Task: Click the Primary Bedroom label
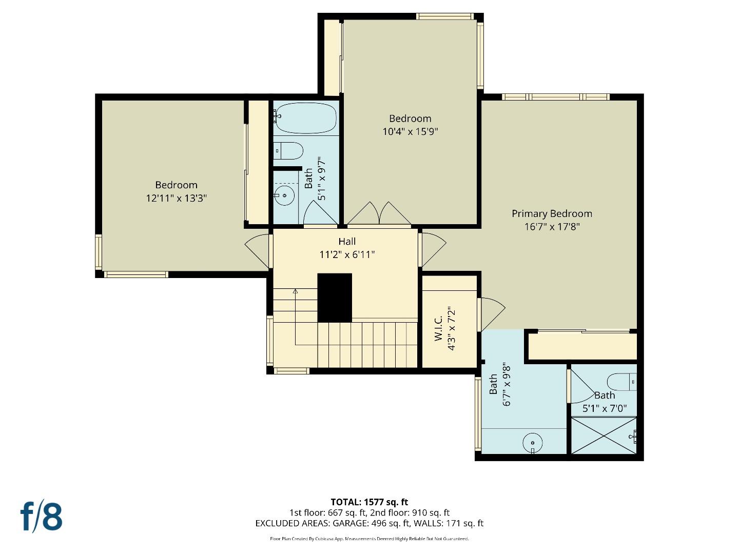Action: [552, 213]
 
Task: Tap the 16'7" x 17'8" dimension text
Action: [552, 227]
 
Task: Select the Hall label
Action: [347, 241]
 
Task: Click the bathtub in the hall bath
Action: [305, 118]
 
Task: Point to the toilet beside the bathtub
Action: [288, 151]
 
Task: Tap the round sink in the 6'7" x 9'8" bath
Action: [533, 442]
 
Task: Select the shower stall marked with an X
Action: [604, 436]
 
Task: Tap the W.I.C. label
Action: [438, 328]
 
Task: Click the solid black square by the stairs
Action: [335, 298]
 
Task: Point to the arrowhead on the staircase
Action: [295, 291]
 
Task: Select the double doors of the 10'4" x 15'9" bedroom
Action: [379, 214]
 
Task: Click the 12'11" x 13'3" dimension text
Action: [176, 198]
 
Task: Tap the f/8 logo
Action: [42, 516]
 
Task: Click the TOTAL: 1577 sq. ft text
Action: [369, 502]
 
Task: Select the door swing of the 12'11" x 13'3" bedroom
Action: [258, 250]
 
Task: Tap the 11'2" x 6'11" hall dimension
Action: [347, 254]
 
